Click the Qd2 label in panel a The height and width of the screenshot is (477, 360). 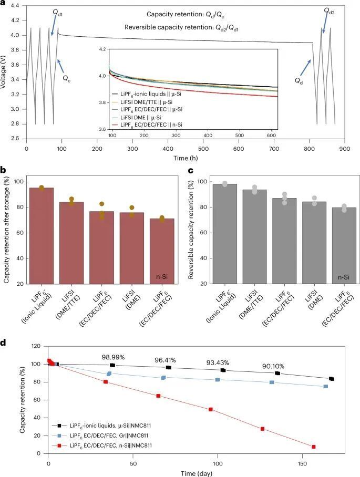point(330,11)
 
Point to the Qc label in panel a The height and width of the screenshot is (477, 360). point(67,78)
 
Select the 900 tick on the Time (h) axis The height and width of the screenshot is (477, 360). point(344,149)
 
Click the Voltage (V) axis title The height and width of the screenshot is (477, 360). point(5,72)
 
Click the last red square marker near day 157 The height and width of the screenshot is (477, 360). point(313,447)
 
